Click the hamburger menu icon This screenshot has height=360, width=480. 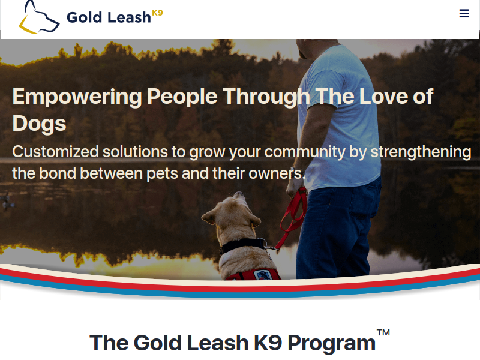[x=464, y=13]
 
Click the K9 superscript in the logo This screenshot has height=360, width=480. [x=157, y=13]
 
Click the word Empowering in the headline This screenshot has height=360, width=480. [x=77, y=97]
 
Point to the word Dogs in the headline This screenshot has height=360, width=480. [x=39, y=124]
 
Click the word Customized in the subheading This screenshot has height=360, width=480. [x=55, y=152]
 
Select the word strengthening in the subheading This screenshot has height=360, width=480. [x=421, y=152]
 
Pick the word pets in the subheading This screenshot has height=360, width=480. [x=162, y=174]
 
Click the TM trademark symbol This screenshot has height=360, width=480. [x=383, y=333]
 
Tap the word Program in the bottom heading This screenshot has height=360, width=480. [x=332, y=343]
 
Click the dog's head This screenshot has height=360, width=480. [x=232, y=211]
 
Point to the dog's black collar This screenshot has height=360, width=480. [x=242, y=245]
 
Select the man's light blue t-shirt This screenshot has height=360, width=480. [x=340, y=116]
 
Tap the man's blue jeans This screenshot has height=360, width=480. [x=337, y=230]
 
